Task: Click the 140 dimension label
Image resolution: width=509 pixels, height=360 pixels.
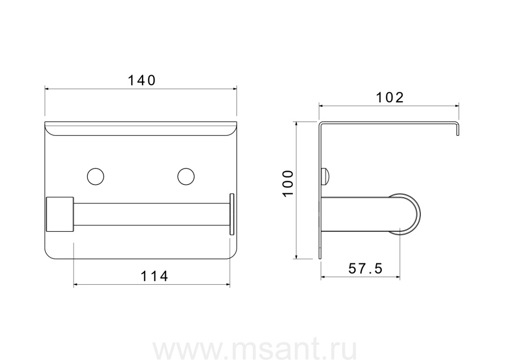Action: coord(142,80)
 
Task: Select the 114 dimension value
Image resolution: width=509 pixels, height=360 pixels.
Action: coord(154,276)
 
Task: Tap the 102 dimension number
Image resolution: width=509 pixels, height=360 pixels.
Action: coord(390,97)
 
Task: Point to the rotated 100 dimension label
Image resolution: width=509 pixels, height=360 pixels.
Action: coord(288,183)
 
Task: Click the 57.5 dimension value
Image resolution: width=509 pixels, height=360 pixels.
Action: coord(365,268)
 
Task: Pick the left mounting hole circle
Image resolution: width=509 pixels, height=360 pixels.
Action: coord(96,177)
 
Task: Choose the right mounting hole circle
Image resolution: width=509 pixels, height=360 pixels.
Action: coord(186,177)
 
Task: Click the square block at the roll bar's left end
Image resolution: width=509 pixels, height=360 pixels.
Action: coord(60,214)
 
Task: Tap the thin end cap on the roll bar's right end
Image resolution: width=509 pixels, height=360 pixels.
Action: coord(232,214)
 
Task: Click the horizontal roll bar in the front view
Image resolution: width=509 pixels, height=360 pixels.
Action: coord(152,214)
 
